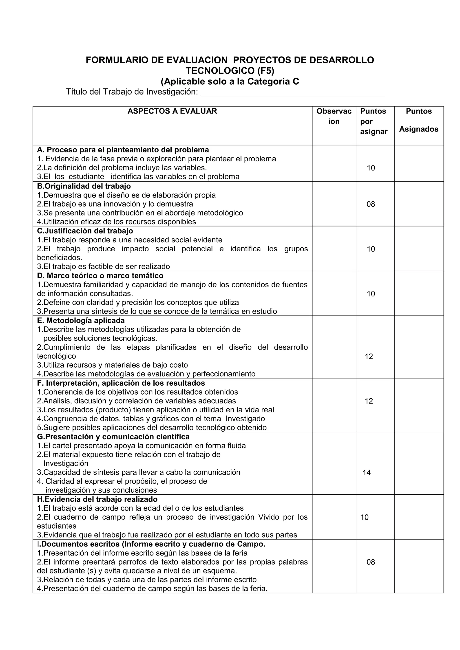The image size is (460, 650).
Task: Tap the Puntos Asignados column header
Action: point(419,120)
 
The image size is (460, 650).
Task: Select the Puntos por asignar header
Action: point(374,121)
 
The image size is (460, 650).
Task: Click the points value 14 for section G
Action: point(367,472)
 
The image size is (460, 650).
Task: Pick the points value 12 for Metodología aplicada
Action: point(369,356)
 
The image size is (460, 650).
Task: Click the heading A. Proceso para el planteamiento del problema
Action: point(123,150)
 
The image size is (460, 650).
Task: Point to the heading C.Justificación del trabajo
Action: point(85,231)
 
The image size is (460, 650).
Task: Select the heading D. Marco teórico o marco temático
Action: point(100,276)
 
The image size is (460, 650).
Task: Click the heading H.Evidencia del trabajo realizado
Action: point(97,499)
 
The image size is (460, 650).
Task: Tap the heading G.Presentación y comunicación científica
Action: point(113,437)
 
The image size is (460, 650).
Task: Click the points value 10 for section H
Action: point(364,517)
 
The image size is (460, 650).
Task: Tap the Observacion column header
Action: point(334,116)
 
